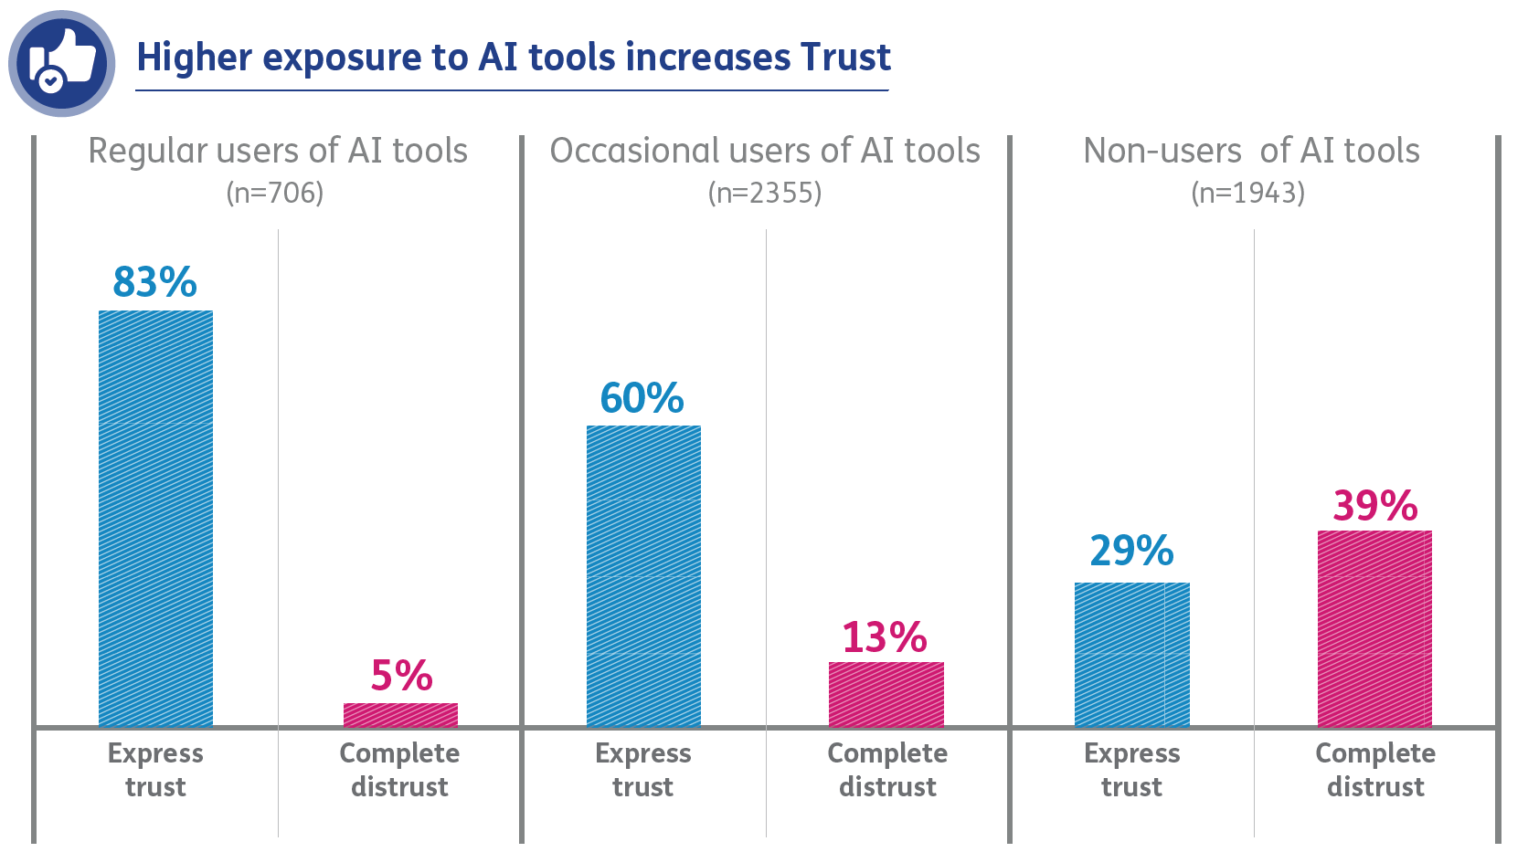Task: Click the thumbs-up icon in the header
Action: [x=61, y=63]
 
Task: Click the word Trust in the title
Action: [x=844, y=57]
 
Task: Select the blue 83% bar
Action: [x=155, y=518]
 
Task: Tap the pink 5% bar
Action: [x=400, y=714]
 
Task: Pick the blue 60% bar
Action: [x=643, y=575]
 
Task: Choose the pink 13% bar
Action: [x=886, y=694]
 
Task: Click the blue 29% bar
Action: [x=1131, y=654]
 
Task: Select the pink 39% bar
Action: [x=1374, y=628]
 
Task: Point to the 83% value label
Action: [x=154, y=282]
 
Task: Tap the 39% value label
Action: [x=1374, y=506]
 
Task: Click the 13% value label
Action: [x=884, y=637]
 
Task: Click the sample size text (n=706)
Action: [x=275, y=193]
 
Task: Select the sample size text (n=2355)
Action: [x=765, y=193]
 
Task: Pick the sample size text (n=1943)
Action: [x=1247, y=193]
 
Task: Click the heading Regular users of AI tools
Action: [x=278, y=151]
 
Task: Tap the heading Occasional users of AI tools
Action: [x=765, y=151]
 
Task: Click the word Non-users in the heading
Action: [x=1162, y=151]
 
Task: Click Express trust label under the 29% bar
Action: [x=1131, y=769]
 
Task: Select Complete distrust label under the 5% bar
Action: [x=399, y=769]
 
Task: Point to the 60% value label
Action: [x=642, y=398]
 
